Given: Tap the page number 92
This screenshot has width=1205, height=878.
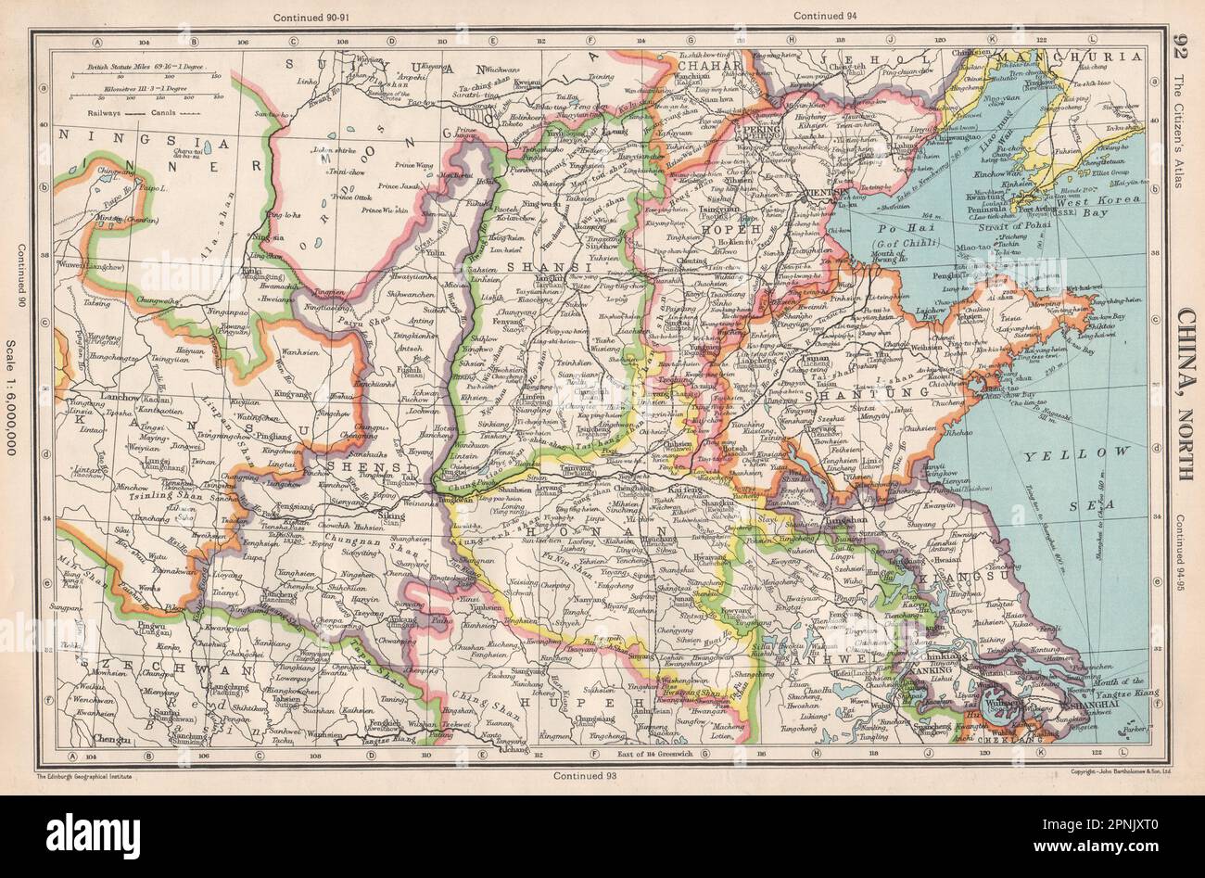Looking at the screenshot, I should tap(1180, 45).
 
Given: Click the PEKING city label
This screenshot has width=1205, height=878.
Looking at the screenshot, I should tap(758, 133).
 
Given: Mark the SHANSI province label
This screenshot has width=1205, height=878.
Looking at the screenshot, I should tap(532, 266).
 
